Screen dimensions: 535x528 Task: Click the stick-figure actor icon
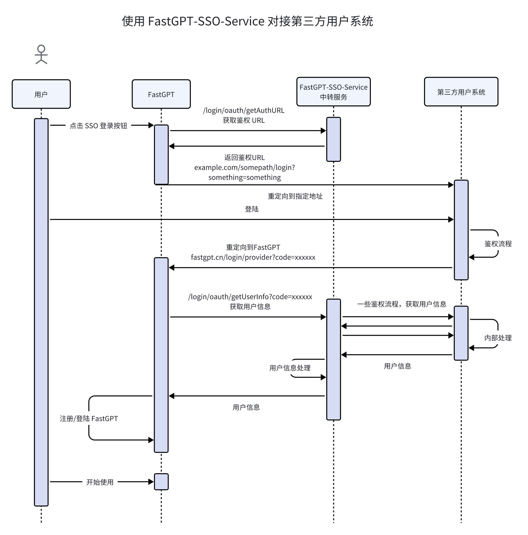(x=41, y=54)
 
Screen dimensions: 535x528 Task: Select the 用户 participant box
(x=41, y=94)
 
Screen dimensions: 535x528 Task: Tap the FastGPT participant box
(x=161, y=94)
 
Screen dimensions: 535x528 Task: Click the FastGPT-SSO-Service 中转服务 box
(x=333, y=92)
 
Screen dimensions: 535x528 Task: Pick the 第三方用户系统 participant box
(x=461, y=92)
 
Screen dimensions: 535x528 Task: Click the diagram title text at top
(x=247, y=21)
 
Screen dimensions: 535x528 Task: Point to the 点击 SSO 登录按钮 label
(x=98, y=126)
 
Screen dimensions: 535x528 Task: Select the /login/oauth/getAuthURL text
(x=244, y=111)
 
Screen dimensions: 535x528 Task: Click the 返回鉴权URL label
(x=244, y=158)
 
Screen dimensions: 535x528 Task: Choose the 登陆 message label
(x=252, y=209)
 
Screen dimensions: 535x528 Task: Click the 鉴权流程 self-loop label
(x=498, y=244)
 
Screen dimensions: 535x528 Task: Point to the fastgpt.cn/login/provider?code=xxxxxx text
(x=253, y=257)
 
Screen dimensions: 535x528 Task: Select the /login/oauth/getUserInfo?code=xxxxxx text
(x=250, y=297)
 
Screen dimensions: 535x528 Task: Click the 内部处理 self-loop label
(x=498, y=338)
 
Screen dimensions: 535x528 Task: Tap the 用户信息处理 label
(x=290, y=368)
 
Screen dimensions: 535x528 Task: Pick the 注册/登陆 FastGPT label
(x=89, y=419)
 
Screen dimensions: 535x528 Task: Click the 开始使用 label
(x=100, y=482)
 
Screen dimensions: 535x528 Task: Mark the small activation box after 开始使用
(x=161, y=482)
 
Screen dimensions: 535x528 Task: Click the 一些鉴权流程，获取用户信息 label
(x=402, y=304)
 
